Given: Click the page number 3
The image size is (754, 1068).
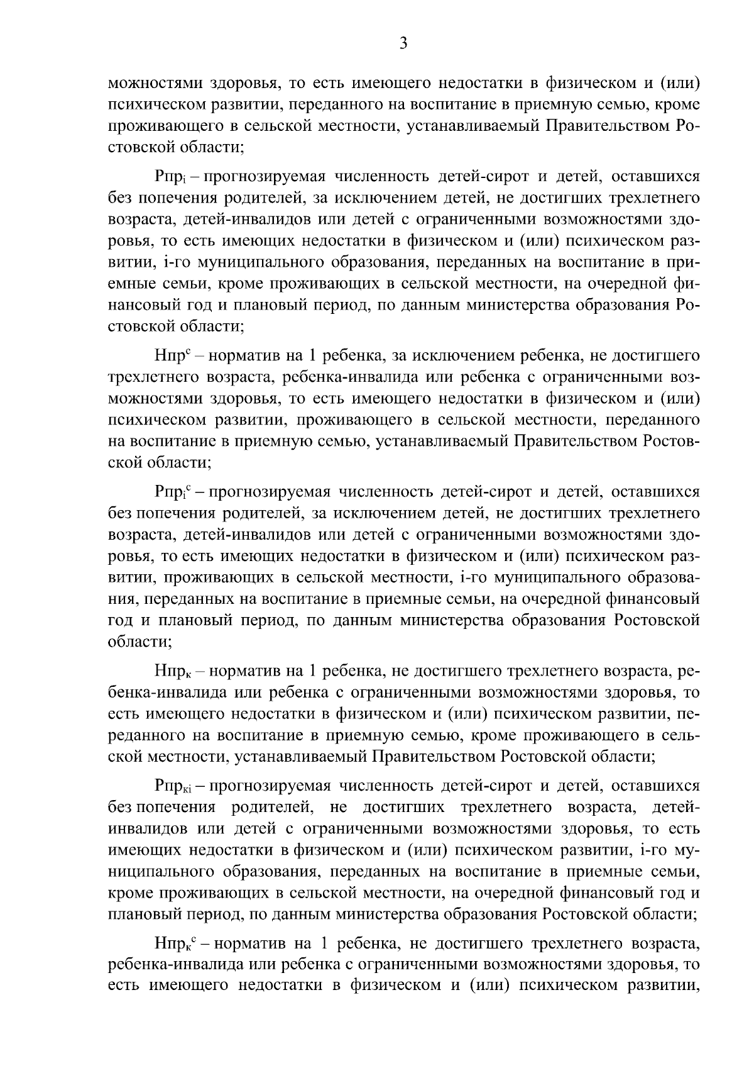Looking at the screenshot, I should click(403, 43).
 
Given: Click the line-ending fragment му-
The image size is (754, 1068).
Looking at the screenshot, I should click(687, 850).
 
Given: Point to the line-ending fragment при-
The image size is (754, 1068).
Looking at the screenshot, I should click(685, 263).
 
